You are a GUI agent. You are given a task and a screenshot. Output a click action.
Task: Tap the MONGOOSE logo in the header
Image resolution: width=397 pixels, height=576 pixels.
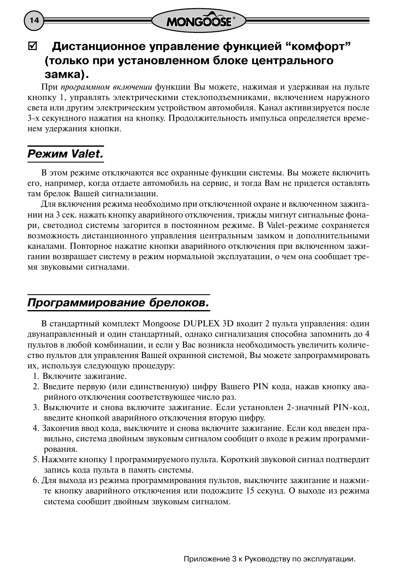tap(198, 21)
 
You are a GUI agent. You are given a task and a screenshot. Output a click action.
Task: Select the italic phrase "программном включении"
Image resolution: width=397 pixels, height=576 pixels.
tap(106, 87)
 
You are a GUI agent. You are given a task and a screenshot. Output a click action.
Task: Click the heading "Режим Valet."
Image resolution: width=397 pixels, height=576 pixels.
tap(65, 154)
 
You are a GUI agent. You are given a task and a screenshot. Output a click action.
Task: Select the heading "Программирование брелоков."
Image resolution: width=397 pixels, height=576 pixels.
tap(118, 303)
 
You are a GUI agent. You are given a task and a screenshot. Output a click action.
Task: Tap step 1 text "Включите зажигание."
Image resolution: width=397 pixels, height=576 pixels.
tap(85, 376)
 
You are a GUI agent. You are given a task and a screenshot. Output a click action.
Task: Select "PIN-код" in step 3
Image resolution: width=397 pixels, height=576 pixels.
tap(351, 407)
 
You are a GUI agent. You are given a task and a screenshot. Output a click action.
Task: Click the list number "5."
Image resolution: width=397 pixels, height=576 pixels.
tap(36, 459)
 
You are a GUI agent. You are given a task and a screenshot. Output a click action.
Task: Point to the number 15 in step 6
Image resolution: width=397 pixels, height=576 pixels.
tap(251, 491)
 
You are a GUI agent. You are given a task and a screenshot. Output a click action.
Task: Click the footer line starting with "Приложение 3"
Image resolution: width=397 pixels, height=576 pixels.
tap(270, 559)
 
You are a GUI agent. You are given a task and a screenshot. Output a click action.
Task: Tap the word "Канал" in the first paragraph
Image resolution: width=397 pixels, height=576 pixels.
tap(270, 108)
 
